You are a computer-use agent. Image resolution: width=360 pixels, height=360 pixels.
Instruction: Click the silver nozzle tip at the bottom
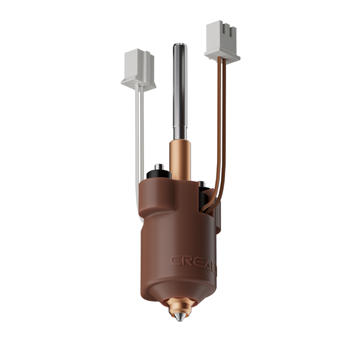click(x=179, y=317)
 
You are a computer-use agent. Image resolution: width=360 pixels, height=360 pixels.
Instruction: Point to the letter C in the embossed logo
click(x=175, y=260)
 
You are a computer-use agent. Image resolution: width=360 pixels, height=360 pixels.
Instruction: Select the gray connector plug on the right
click(x=222, y=40)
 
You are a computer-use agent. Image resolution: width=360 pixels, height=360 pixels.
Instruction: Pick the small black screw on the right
click(x=201, y=184)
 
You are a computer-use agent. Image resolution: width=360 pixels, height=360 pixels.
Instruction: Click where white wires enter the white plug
click(x=138, y=90)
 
